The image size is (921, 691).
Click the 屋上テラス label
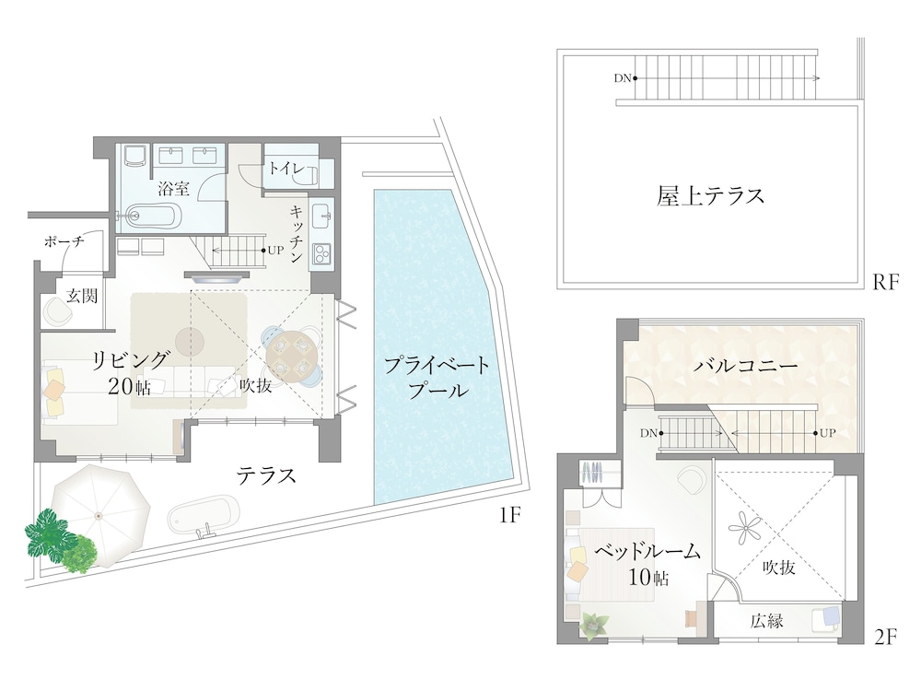click(x=711, y=196)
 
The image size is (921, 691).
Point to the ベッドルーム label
click(x=647, y=552)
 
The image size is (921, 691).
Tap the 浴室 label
click(x=173, y=189)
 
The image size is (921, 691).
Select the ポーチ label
click(x=64, y=241)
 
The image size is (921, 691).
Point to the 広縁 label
click(x=766, y=621)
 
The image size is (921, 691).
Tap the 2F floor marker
click(x=884, y=636)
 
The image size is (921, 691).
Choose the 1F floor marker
click(x=511, y=517)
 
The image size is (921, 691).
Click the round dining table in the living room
click(x=288, y=352)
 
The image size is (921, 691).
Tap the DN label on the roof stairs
click(x=623, y=77)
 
